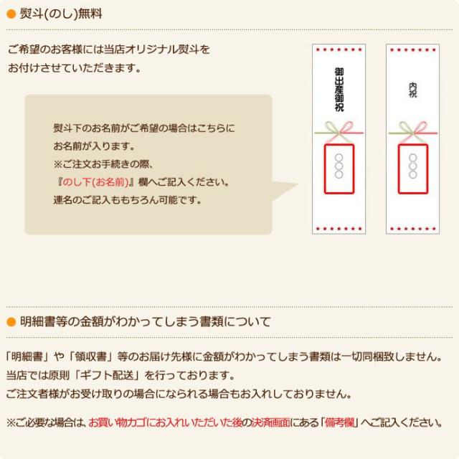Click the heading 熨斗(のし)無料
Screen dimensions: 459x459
coord(61,13)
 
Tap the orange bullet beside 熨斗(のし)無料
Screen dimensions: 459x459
coord(11,13)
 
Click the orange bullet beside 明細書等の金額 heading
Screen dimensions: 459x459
coord(11,321)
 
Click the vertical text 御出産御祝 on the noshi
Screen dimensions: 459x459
coord(339,90)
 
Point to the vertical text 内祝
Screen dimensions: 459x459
coord(412,90)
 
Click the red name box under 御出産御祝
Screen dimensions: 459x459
coord(339,169)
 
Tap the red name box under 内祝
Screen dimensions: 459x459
coord(412,169)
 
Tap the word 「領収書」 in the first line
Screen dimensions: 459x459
coord(92,356)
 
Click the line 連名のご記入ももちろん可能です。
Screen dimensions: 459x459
coord(128,199)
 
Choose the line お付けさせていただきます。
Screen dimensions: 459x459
coord(75,68)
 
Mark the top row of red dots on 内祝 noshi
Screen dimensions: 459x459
coord(412,49)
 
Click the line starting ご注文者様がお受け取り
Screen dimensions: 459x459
coord(179,394)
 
